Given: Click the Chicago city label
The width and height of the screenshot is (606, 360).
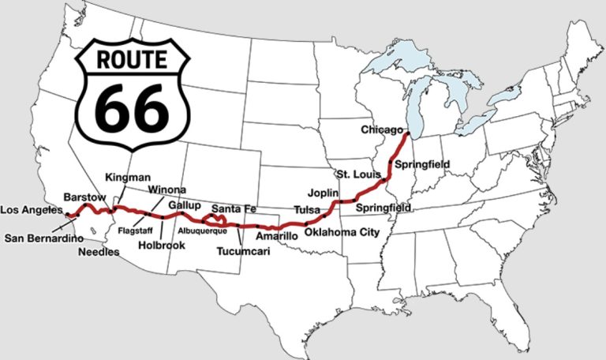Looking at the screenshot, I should [383, 129].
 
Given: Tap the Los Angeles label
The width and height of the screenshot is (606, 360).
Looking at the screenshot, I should [31, 210].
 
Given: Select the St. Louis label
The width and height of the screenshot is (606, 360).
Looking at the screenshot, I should [352, 173].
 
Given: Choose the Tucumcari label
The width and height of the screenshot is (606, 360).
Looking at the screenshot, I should [243, 252].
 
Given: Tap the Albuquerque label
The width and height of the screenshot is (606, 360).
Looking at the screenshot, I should [203, 230].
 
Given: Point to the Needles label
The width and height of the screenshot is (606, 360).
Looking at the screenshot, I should [99, 253].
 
